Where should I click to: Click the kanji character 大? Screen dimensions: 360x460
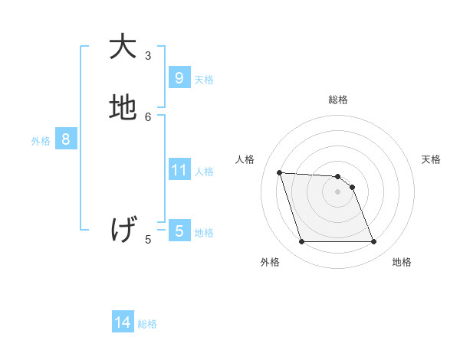123,47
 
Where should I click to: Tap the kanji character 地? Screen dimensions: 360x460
123,108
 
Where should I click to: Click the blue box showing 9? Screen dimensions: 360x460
179,78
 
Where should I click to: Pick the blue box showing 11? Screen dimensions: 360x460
179,170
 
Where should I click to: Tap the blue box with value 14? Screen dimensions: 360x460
123,323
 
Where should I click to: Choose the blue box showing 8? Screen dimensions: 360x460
66,140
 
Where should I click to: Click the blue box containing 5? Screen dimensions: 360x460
179,231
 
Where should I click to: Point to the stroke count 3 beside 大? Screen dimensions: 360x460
149,56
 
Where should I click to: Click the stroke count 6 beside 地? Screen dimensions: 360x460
149,116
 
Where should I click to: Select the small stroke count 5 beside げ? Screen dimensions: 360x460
149,239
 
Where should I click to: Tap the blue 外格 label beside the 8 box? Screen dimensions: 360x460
41,141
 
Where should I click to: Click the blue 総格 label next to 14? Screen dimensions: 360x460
147,324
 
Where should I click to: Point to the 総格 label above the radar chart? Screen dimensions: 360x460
337,100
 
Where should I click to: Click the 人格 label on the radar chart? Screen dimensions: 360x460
245,159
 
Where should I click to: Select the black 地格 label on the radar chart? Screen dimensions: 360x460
402,262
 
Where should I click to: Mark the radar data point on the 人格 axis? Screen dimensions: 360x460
279,172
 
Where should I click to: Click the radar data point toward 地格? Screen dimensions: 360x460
373,242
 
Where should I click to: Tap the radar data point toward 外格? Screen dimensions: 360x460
301,242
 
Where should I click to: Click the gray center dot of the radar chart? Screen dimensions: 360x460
337,192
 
